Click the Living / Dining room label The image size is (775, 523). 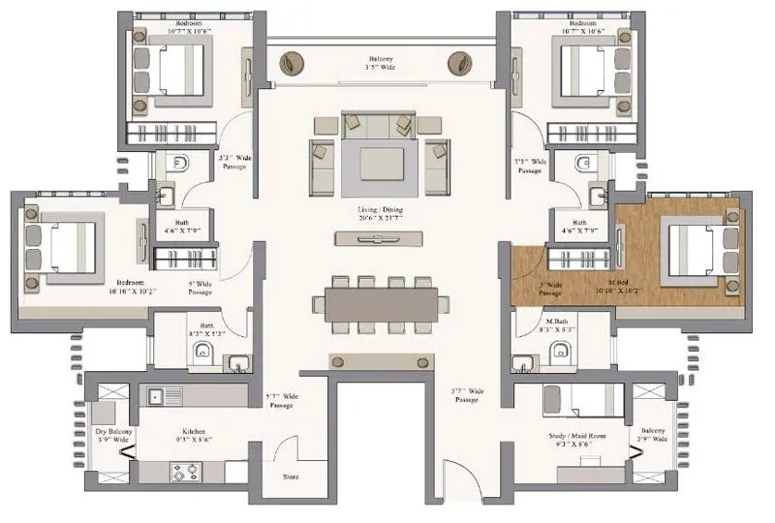pos(381,213)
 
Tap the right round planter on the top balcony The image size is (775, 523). pos(459,65)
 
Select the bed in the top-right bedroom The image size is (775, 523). pos(583,71)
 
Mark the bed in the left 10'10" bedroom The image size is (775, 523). pos(66,249)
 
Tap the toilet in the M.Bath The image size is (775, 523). pos(557,356)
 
